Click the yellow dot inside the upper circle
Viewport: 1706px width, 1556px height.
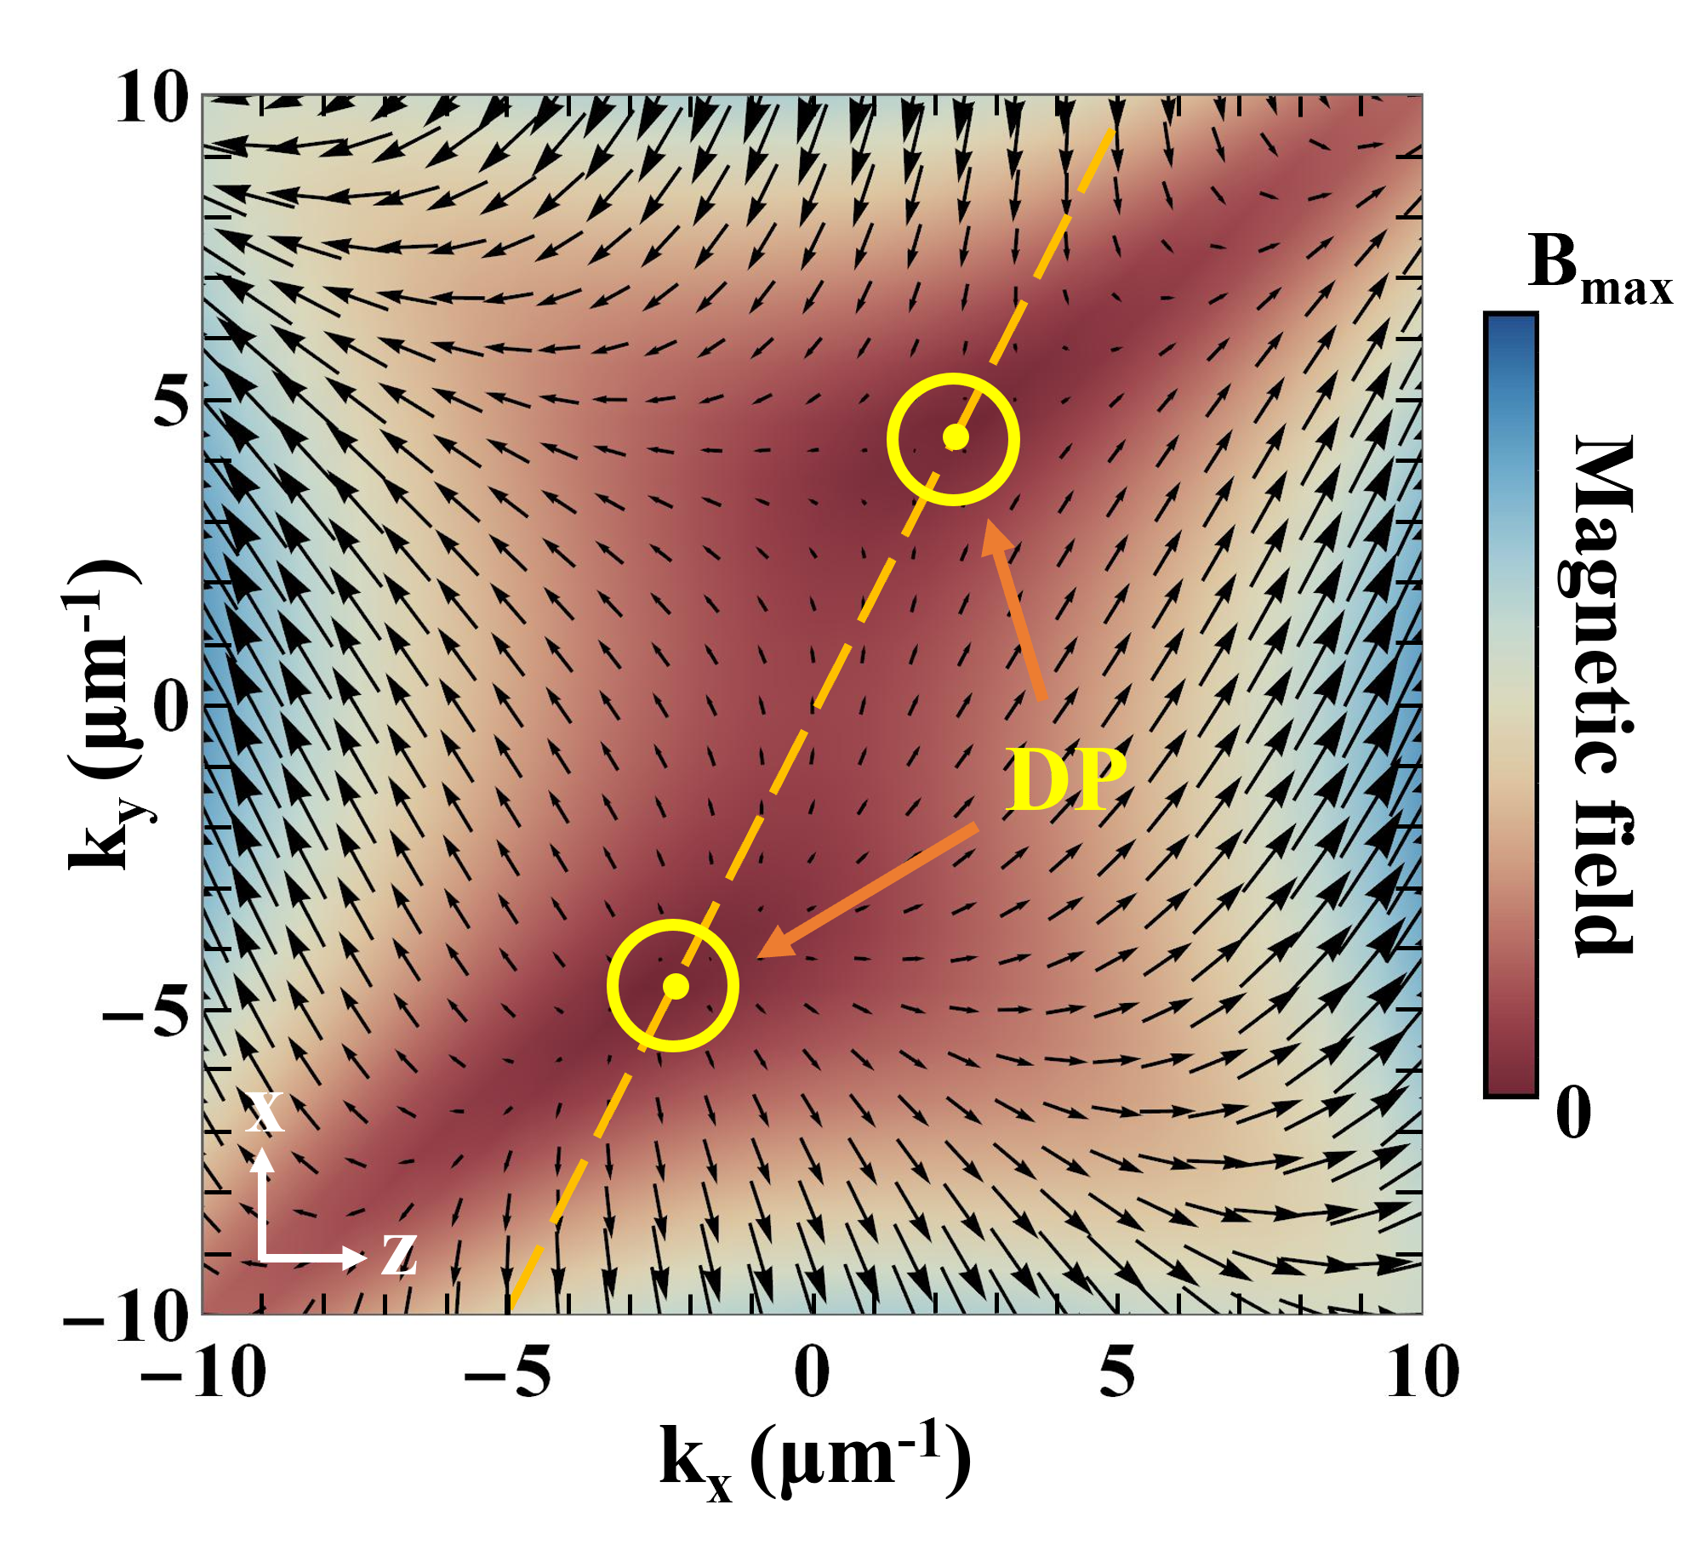pos(956,436)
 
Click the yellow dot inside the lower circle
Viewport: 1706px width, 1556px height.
pos(676,985)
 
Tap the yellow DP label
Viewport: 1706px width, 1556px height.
pos(1065,780)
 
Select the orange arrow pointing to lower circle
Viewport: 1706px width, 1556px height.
pos(867,891)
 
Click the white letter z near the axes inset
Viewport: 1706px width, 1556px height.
pos(399,1253)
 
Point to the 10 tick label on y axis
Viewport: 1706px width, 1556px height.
pos(151,99)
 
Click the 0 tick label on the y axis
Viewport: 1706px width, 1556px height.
pos(173,707)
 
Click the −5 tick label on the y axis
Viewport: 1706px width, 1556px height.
pos(145,1012)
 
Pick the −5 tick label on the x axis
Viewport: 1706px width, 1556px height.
pos(507,1373)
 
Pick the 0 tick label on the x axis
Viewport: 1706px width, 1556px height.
pos(812,1373)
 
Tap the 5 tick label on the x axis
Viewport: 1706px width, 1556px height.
pos(1116,1373)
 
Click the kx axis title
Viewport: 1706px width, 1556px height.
pos(814,1462)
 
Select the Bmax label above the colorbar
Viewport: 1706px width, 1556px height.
pos(1600,266)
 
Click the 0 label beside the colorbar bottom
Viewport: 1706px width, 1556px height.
pos(1573,1112)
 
